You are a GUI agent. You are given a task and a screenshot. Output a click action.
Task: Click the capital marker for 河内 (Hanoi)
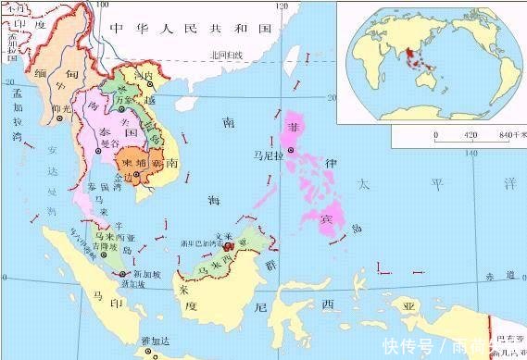151,84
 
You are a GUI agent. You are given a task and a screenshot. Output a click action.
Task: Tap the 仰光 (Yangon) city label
63,107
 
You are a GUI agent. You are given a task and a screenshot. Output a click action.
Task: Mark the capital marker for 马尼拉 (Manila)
291,150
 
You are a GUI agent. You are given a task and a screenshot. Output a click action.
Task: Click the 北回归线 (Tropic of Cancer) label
226,55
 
